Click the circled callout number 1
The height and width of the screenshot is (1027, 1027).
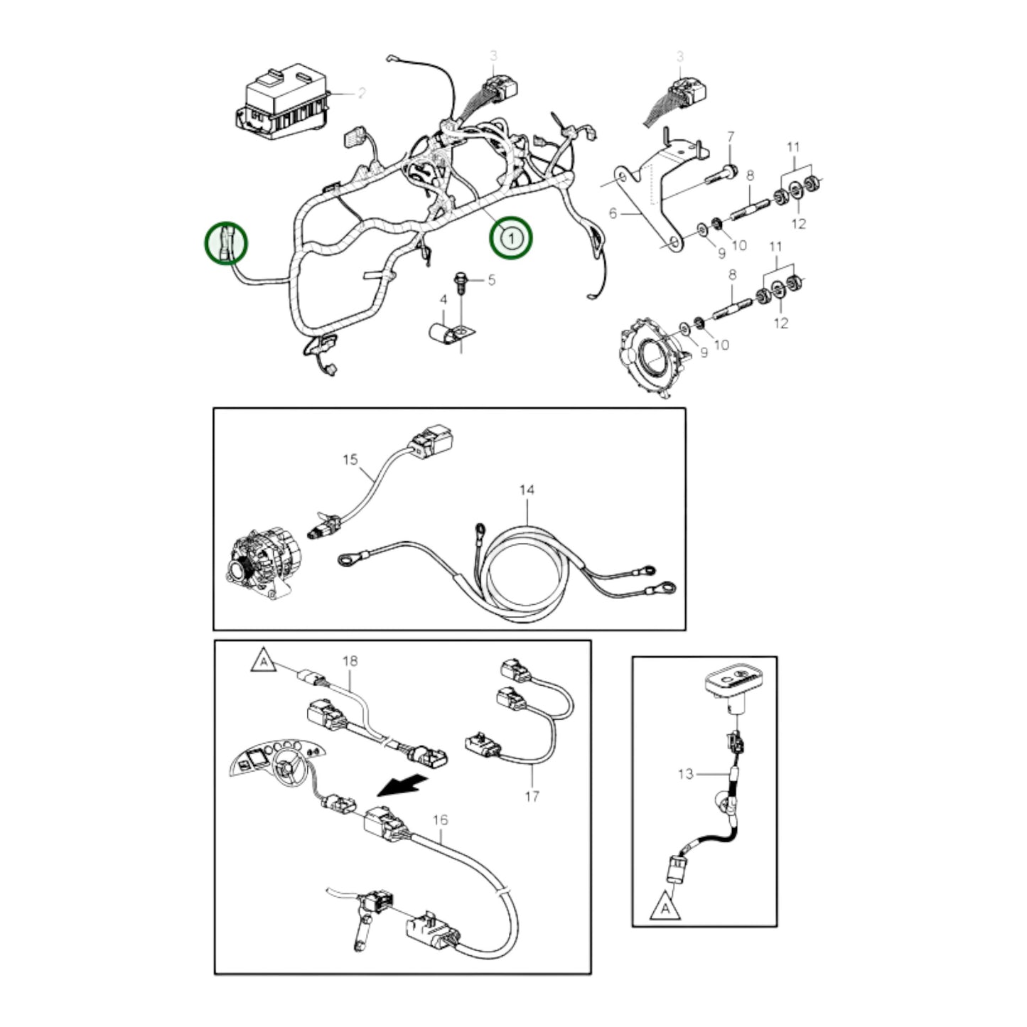click(x=510, y=237)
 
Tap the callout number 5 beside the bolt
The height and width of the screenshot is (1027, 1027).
click(x=491, y=280)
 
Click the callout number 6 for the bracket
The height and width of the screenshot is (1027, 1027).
click(x=613, y=213)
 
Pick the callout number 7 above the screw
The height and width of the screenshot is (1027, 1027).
click(x=731, y=136)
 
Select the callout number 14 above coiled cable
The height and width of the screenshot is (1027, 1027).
click(x=527, y=490)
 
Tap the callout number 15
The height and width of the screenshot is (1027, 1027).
click(x=350, y=459)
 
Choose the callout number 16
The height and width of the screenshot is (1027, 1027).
click(x=440, y=820)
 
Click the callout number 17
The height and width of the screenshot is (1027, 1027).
click(x=532, y=797)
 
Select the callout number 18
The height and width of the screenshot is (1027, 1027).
click(x=350, y=661)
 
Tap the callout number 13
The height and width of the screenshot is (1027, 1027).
click(x=684, y=773)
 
